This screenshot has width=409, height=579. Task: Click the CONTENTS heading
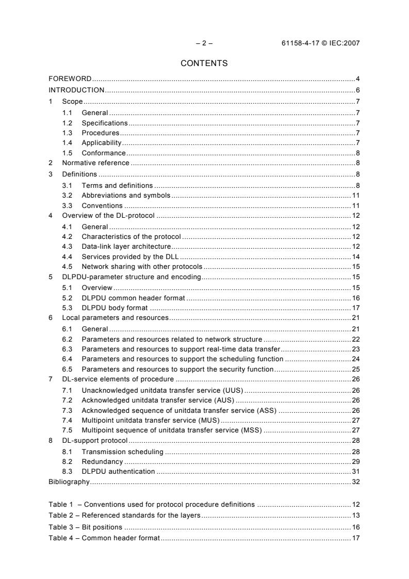[x=204, y=63]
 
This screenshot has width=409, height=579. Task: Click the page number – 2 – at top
[x=204, y=43]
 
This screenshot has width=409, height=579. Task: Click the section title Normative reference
[x=95, y=163]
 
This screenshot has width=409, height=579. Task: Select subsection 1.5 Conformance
[x=104, y=153]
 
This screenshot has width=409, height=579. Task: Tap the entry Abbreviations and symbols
[x=126, y=196]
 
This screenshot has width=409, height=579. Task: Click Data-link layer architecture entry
[x=126, y=247]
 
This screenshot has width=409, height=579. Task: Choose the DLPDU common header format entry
[x=134, y=298]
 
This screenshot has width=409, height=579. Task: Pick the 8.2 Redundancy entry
[x=102, y=461]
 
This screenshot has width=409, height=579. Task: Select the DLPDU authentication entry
[x=118, y=471]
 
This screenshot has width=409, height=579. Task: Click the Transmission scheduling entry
[x=123, y=452]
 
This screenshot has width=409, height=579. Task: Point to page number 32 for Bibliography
[x=355, y=482]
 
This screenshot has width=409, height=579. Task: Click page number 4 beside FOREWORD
[x=357, y=79]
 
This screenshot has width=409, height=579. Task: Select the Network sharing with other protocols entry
[x=142, y=267]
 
